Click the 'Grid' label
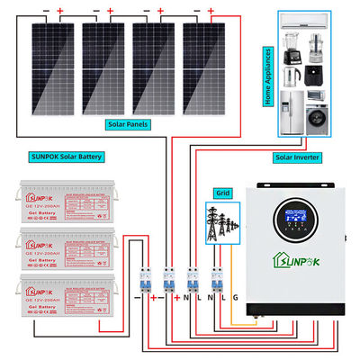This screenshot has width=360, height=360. [x=220, y=192]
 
